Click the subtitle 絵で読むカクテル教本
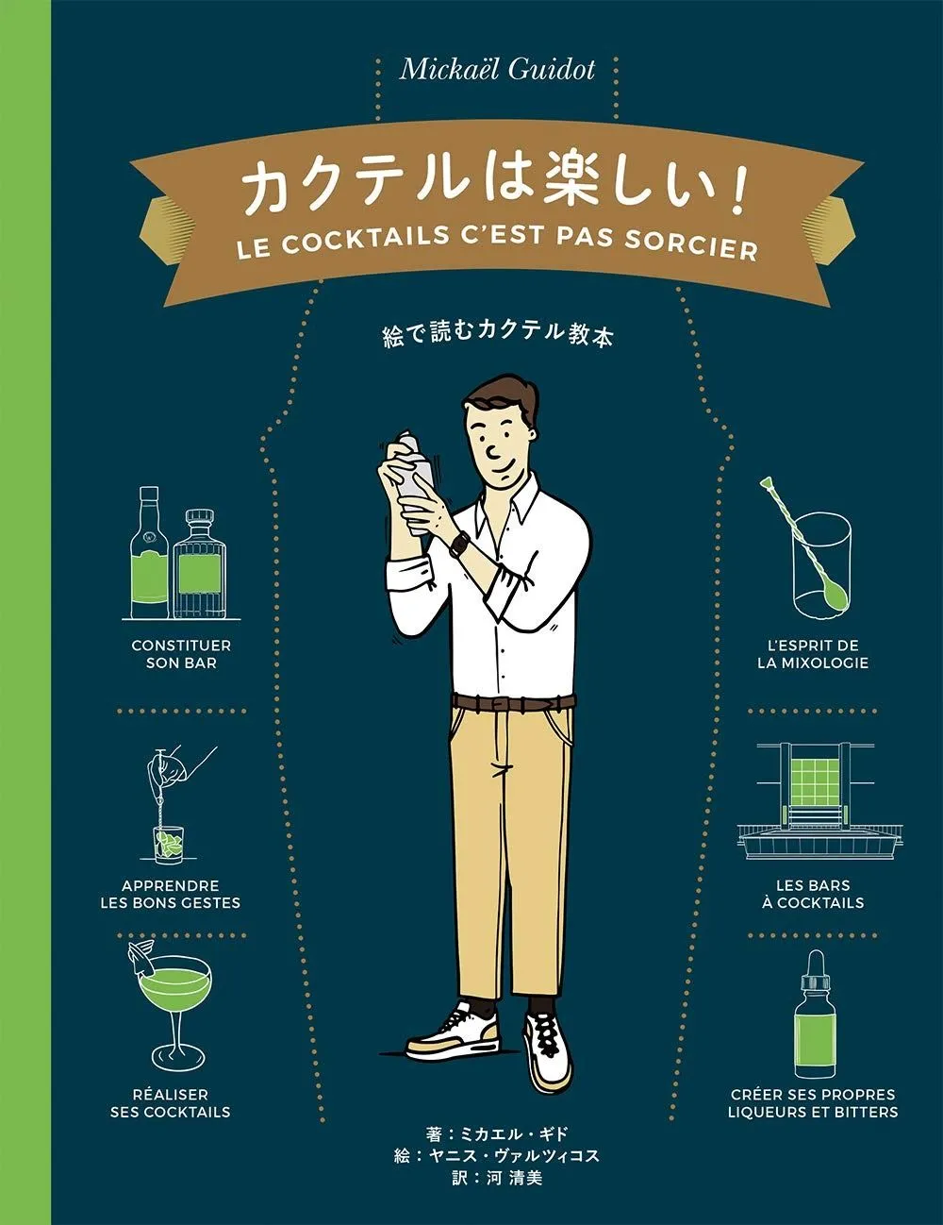coord(497,335)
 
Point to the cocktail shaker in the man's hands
coord(412,483)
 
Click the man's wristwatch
coord(459,545)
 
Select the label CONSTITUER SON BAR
coord(181,654)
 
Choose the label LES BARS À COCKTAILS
coord(813,894)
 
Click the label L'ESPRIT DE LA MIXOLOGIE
coord(812,654)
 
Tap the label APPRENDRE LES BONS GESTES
coord(170,894)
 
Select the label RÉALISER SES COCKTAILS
coord(170,1103)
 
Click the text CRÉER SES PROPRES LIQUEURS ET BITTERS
coord(813,1103)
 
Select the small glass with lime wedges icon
coord(169,844)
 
